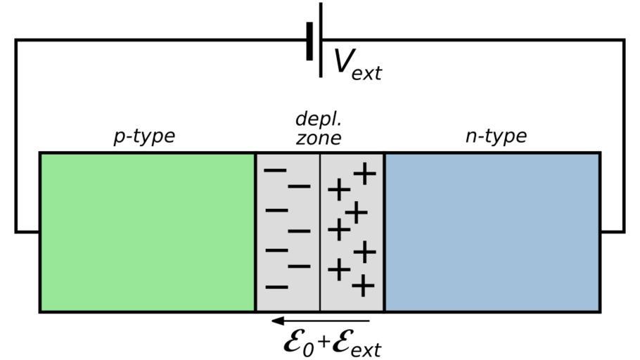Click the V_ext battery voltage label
pyautogui.click(x=357, y=64)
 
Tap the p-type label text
pyautogui.click(x=144, y=136)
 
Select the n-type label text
pyautogui.click(x=496, y=136)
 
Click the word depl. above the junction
pyautogui.click(x=318, y=118)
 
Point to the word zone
pyautogui.click(x=318, y=137)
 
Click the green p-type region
pyautogui.click(x=147, y=231)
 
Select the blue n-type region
pyautogui.click(x=492, y=231)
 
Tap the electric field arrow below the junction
pyautogui.click(x=320, y=321)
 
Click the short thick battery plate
pyautogui.click(x=309, y=41)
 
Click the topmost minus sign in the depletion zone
pyautogui.click(x=275, y=170)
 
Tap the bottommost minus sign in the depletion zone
pyautogui.click(x=276, y=287)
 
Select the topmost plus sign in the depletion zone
pyautogui.click(x=364, y=173)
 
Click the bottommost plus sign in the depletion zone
pyautogui.click(x=362, y=286)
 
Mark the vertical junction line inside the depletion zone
pyautogui.click(x=320, y=231)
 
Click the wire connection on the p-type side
pyautogui.click(x=27, y=231)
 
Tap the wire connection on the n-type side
pyautogui.click(x=612, y=231)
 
